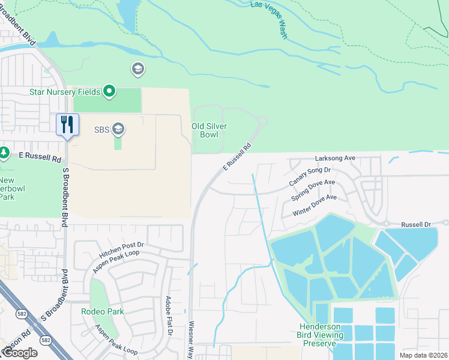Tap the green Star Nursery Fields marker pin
click(109, 92)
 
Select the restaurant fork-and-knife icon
click(67, 125)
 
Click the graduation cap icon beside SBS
click(119, 128)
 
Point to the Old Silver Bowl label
click(205, 130)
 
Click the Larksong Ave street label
click(336, 158)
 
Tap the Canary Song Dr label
click(310, 176)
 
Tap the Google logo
click(20, 353)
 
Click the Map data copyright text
click(423, 355)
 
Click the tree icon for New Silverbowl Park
click(4, 153)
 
